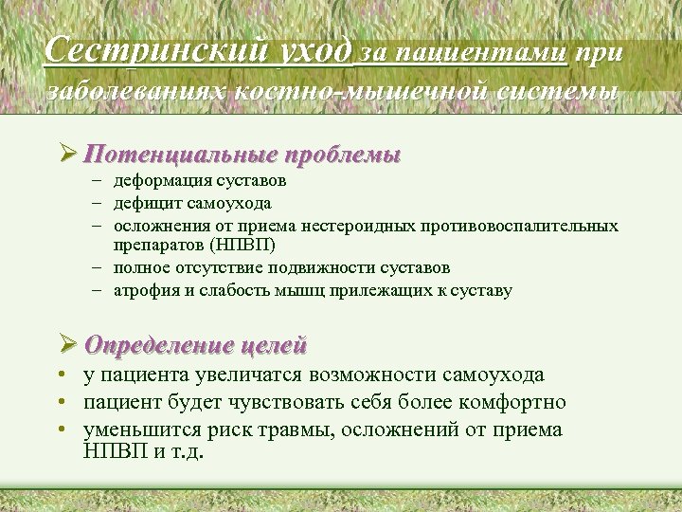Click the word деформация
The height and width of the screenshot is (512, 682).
(158, 180)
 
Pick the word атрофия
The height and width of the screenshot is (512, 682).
(143, 290)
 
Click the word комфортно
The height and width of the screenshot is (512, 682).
(521, 402)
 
